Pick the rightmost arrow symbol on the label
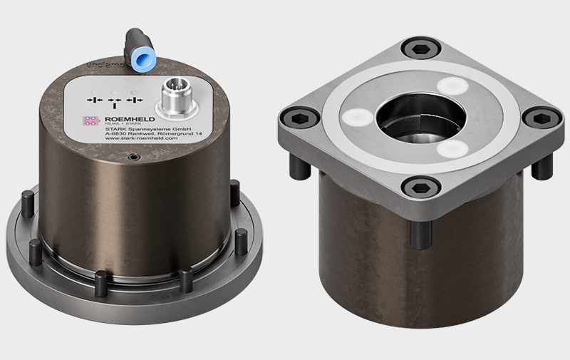[135, 99]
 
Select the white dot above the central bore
[452, 84]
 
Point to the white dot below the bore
[451, 149]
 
